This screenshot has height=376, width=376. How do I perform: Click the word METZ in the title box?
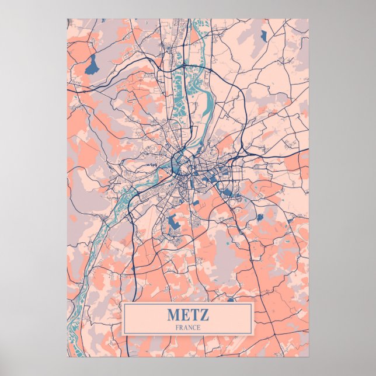click(187, 314)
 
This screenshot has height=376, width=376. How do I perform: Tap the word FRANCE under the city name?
click(187, 328)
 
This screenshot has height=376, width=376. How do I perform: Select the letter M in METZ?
click(173, 314)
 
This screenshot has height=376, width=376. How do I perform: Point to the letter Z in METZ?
click(203, 314)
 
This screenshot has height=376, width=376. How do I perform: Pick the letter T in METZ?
click(193, 314)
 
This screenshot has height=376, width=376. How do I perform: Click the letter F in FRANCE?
click(177, 328)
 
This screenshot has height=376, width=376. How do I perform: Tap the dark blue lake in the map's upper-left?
click(92, 64)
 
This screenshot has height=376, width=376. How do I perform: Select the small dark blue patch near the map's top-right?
click(263, 36)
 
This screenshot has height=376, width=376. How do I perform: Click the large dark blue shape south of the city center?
click(173, 222)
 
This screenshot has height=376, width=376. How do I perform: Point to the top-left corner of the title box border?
click(124, 304)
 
